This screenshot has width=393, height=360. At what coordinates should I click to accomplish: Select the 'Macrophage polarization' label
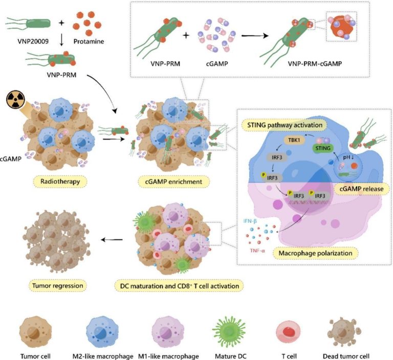pyautogui.click(x=314, y=253)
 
